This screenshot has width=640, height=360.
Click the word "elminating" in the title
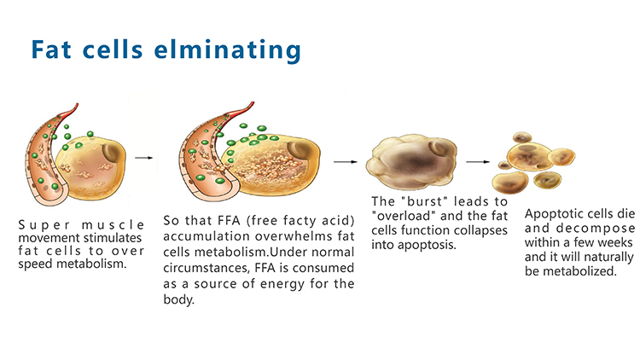[x=227, y=50]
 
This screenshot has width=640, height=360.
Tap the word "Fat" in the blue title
[x=51, y=49]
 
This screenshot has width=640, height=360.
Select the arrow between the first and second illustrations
[x=143, y=158]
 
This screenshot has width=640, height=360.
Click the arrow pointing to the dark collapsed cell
[x=346, y=162]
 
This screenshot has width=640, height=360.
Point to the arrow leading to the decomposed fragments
[x=478, y=162]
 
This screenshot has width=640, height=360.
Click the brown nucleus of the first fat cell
[x=112, y=153]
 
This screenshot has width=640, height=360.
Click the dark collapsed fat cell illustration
[x=411, y=162]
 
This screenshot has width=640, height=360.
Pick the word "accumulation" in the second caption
[x=198, y=236]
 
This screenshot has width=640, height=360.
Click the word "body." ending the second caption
[x=179, y=299]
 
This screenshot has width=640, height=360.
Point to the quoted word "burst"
[x=424, y=201]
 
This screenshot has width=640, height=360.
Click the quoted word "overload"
[x=404, y=216]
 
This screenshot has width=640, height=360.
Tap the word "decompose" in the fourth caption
[x=595, y=228]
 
